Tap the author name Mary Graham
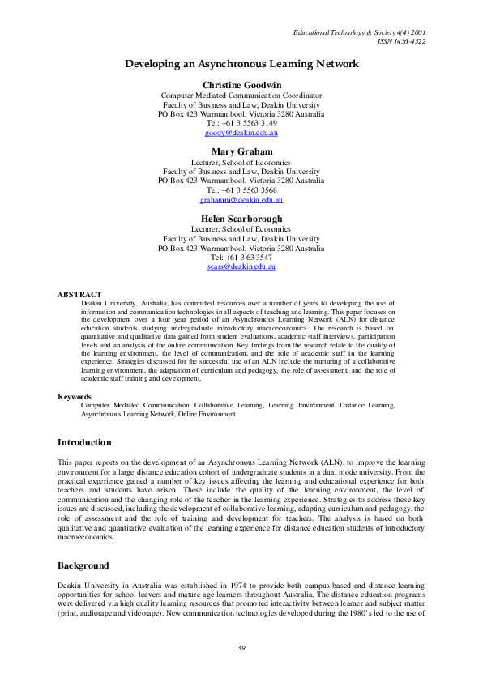241,151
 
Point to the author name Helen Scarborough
241,218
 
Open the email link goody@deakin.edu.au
241,133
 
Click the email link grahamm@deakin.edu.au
241,200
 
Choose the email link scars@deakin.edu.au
241,267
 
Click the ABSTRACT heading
79,294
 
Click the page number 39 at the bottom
241,647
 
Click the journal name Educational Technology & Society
348,32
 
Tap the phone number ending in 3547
241,258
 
